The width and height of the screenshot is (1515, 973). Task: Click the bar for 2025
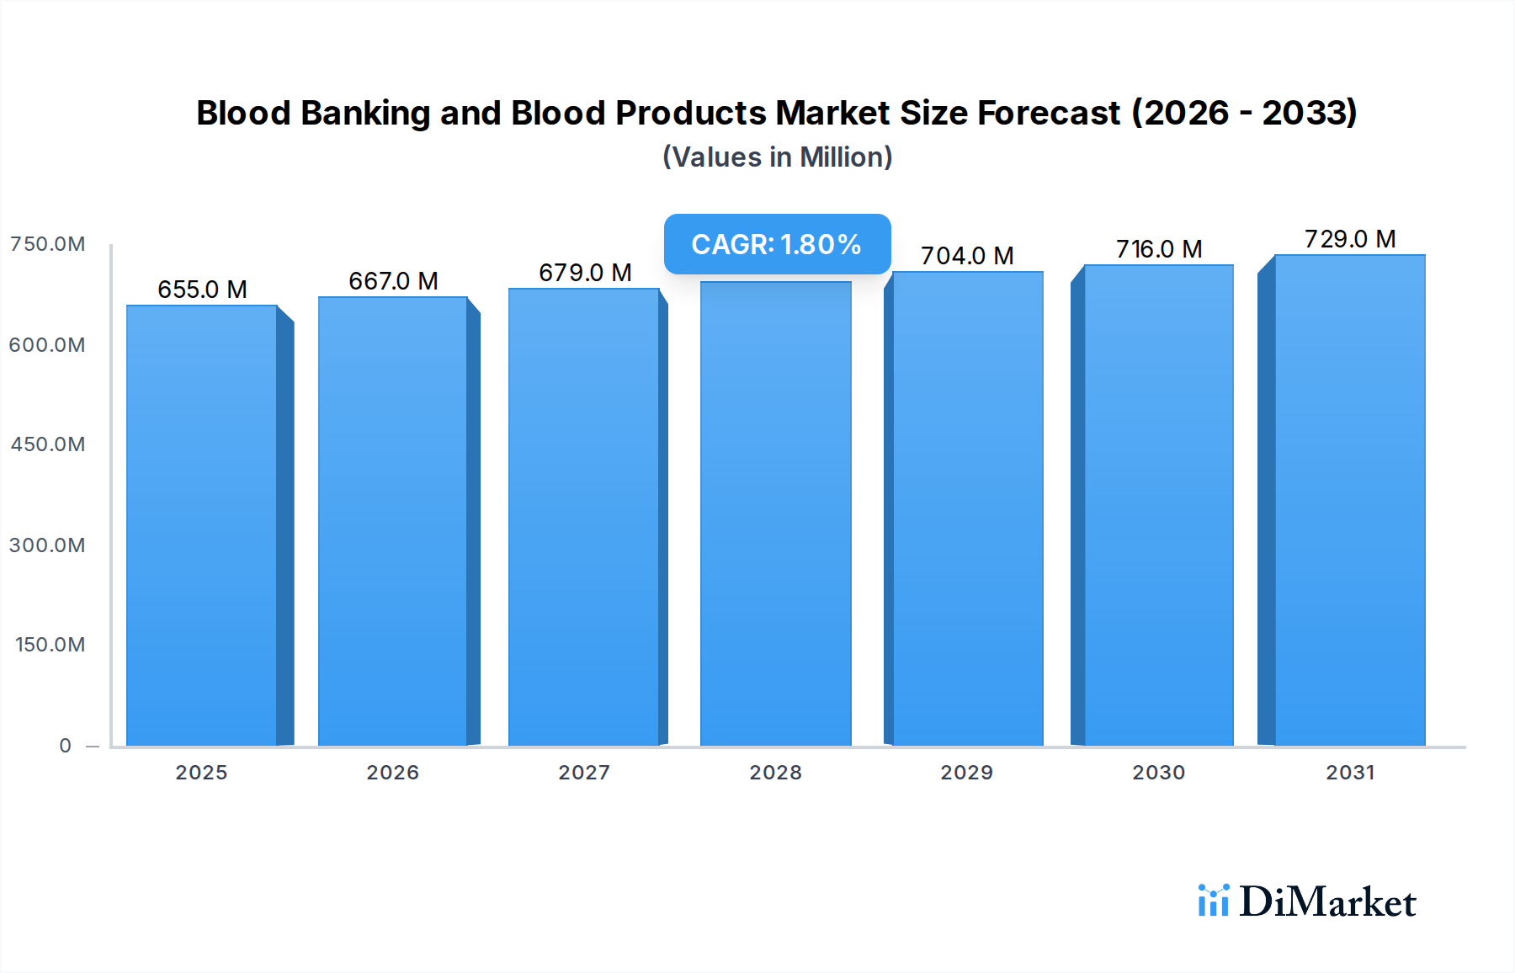(202, 525)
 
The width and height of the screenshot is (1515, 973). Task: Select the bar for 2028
(775, 513)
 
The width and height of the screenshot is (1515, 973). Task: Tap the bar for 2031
(1349, 500)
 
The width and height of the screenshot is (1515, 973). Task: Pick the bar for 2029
(967, 508)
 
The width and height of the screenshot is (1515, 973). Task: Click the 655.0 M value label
(202, 290)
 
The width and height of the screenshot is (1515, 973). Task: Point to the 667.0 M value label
(393, 281)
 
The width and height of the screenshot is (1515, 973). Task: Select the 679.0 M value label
(585, 273)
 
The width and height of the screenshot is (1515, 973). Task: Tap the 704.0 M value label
(967, 256)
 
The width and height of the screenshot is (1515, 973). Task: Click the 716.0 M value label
(1159, 249)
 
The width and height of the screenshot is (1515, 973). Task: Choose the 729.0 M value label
(1350, 239)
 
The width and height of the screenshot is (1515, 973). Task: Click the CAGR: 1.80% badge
(777, 244)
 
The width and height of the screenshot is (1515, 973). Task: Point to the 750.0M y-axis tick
(47, 244)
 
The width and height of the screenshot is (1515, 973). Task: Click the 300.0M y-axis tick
(47, 545)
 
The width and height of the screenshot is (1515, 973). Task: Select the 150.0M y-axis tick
(50, 645)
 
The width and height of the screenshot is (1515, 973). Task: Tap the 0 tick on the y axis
(65, 746)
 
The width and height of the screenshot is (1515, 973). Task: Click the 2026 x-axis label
(392, 773)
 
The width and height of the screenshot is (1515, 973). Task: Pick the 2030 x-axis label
(1158, 773)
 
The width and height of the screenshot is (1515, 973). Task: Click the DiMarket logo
(1307, 901)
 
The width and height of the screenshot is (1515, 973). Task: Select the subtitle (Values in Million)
(777, 157)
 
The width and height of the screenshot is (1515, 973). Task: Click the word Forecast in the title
(1048, 113)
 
